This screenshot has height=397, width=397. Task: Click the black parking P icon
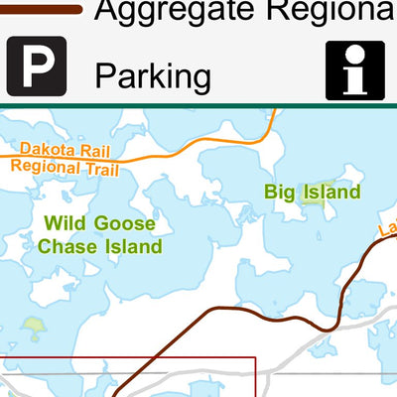(37, 66)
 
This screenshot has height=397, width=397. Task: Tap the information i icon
(354, 69)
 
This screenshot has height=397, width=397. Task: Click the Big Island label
(313, 192)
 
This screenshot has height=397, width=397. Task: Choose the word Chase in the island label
(69, 245)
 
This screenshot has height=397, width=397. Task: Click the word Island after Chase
(133, 245)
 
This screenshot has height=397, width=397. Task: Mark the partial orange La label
(387, 230)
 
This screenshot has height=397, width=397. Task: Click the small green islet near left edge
(34, 325)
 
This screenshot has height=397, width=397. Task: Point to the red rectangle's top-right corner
(256, 358)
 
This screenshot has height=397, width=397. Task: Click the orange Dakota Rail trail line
(198, 146)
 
